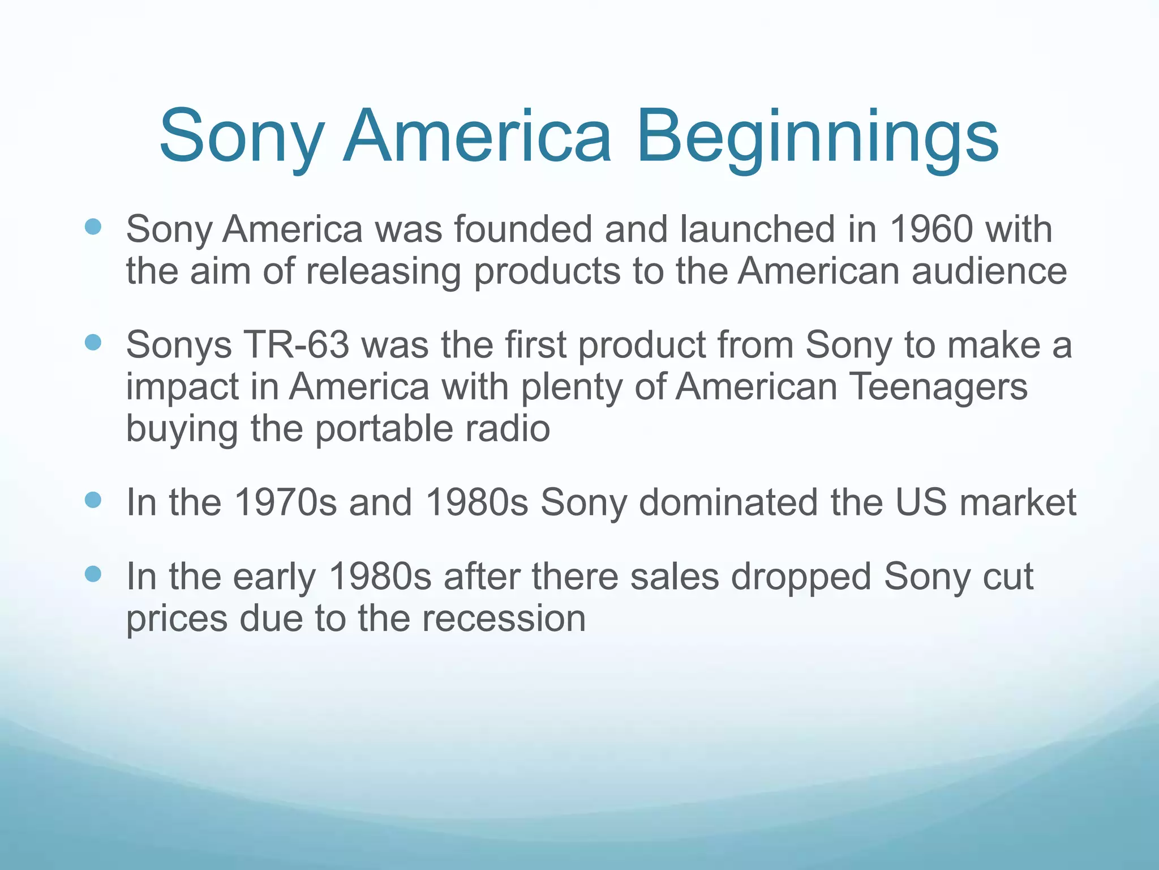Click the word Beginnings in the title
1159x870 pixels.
click(x=817, y=139)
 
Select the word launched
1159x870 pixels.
click(x=758, y=229)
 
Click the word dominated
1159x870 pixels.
click(x=728, y=502)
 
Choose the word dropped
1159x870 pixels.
click(x=801, y=577)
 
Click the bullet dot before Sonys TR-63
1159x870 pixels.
click(x=93, y=343)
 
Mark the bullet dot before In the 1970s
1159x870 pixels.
click(x=93, y=500)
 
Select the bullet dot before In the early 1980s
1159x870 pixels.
click(x=93, y=574)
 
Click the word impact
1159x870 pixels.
click(x=182, y=388)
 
